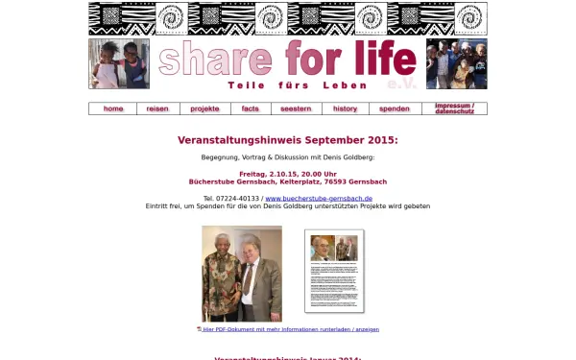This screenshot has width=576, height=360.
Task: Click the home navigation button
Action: (113, 108)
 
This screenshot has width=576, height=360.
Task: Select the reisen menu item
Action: (157, 108)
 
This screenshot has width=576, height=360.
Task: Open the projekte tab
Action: (204, 108)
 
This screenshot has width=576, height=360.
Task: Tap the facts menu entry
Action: (251, 108)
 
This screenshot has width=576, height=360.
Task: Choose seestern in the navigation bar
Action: (296, 108)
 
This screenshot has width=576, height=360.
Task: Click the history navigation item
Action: (346, 108)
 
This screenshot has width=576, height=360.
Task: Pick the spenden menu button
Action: (395, 108)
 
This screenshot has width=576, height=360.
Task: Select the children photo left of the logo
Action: (119, 63)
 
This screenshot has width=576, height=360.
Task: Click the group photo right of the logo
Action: (456, 63)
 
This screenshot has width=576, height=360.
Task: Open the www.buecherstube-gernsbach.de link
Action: (318, 198)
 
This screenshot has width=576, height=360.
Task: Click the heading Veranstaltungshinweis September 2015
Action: (287, 140)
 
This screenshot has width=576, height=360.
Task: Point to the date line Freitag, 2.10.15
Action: (287, 174)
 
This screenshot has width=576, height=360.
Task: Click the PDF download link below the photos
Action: (291, 329)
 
